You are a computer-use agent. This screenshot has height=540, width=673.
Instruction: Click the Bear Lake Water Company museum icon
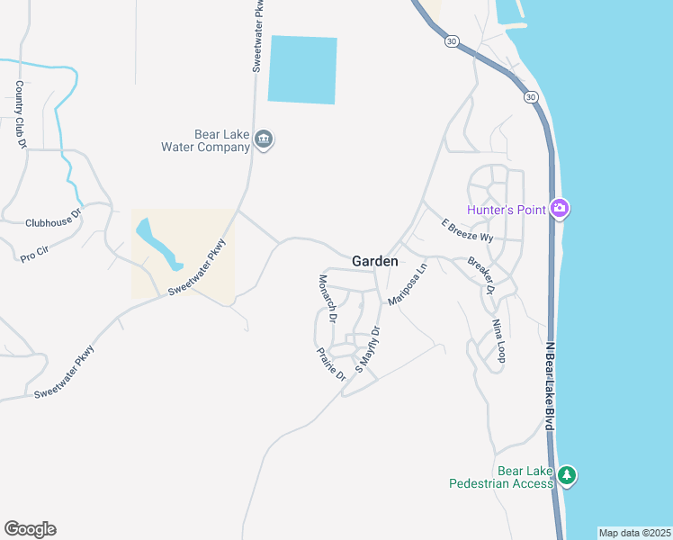point(265,139)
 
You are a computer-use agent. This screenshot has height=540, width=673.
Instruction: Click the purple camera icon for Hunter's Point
point(560,210)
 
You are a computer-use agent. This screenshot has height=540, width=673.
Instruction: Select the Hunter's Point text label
point(507,211)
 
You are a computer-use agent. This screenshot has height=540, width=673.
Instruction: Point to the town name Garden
point(374,261)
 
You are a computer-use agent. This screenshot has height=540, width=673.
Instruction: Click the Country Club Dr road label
point(19,114)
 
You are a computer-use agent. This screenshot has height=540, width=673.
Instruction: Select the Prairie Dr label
point(331,364)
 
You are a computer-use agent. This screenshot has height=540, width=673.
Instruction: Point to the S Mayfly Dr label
point(368,349)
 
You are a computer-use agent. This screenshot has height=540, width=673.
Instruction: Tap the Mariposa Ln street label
point(407,283)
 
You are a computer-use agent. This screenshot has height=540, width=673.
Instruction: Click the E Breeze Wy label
point(467,231)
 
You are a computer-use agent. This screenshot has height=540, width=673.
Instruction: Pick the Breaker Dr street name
point(481,275)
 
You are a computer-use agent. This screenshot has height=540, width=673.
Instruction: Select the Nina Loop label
point(498,340)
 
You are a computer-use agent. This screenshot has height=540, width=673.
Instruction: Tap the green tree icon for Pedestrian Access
point(566,474)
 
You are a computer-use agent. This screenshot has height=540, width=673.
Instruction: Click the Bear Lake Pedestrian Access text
point(500,477)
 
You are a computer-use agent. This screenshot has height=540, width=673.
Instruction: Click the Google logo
point(30,529)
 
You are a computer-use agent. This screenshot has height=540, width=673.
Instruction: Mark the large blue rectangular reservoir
point(302,70)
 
